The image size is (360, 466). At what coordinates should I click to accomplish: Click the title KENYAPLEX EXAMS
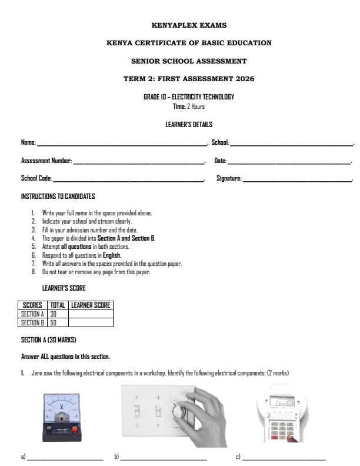pos(189,25)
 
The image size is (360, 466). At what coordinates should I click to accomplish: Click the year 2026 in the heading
pos(242,78)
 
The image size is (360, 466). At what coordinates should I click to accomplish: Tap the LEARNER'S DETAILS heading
pos(189,125)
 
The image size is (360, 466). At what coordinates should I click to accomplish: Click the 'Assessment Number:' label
pos(46,161)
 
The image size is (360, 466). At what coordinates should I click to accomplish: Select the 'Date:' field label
pos(221,161)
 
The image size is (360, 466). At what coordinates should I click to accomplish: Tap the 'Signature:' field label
pos(229,178)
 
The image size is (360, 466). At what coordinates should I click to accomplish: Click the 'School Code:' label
pos(36,178)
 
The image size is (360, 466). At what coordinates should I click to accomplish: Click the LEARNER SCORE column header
pos(91,305)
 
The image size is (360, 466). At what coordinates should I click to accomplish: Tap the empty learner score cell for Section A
pos(91,314)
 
